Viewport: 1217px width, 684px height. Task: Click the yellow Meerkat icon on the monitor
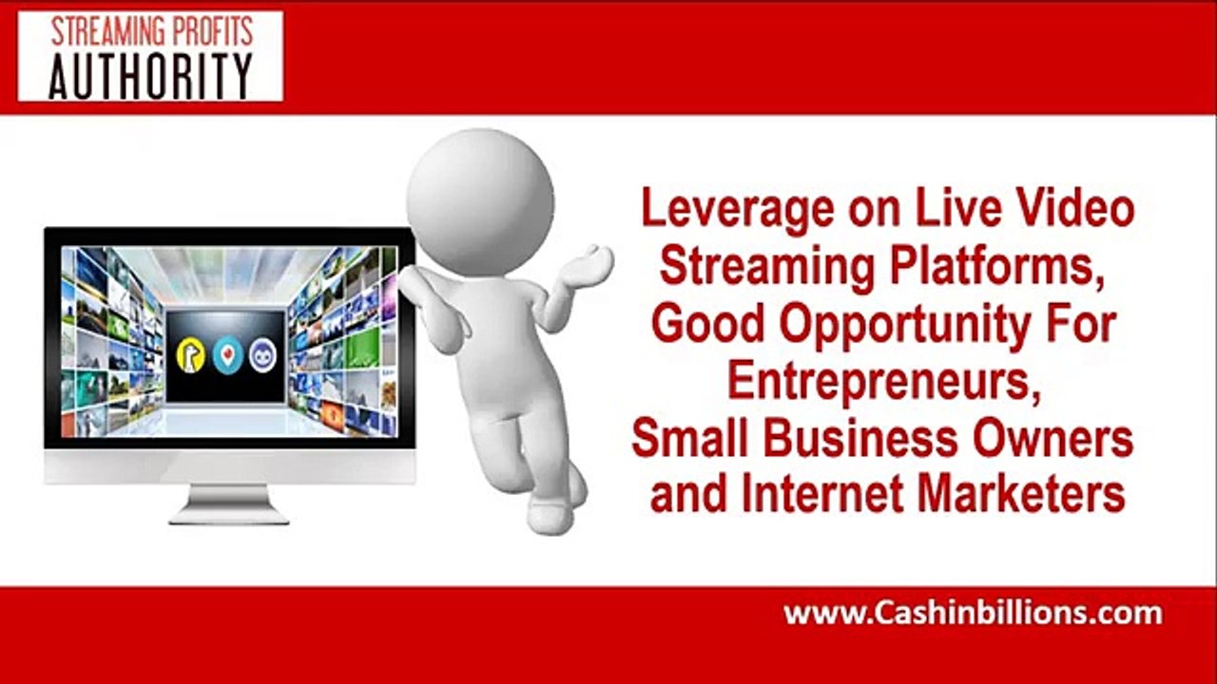tap(190, 354)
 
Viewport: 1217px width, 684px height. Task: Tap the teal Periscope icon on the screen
tap(226, 354)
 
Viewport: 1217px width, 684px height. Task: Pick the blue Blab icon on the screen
tap(262, 354)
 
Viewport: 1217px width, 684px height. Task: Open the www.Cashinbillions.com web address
tap(972, 614)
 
